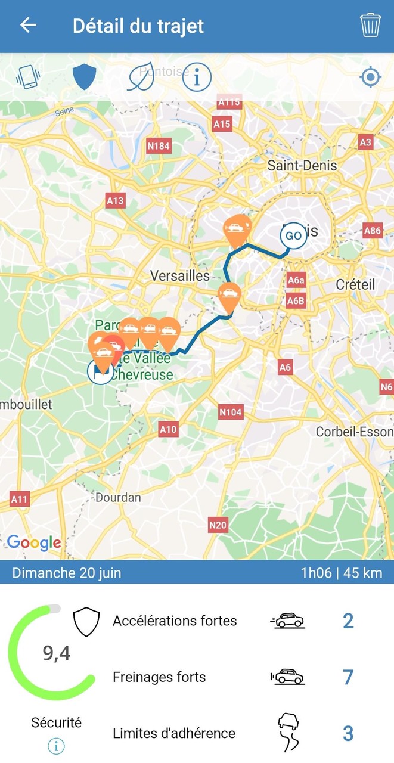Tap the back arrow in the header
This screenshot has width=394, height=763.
(x=28, y=25)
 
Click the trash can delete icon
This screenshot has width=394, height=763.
(x=370, y=26)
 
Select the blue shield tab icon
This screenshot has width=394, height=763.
(x=84, y=77)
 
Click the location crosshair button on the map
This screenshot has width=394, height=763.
(x=370, y=77)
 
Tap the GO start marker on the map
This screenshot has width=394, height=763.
(x=293, y=235)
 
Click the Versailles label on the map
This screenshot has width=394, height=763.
(x=180, y=275)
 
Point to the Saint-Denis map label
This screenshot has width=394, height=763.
(x=302, y=165)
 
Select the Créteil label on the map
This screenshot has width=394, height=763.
(x=355, y=284)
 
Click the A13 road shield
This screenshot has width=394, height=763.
(x=115, y=200)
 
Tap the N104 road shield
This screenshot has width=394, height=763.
(x=231, y=411)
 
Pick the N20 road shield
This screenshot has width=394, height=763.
(x=218, y=525)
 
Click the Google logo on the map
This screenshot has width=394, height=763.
(x=34, y=542)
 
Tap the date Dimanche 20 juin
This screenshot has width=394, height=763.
(x=67, y=573)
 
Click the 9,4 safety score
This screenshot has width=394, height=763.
(x=57, y=654)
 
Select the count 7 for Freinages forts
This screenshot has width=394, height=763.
(x=348, y=677)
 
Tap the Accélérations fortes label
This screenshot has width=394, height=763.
(x=175, y=621)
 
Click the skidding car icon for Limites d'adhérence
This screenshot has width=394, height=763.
(x=288, y=733)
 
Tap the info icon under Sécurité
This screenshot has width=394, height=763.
(x=56, y=746)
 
